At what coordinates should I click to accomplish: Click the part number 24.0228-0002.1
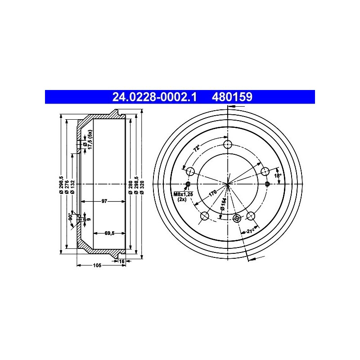click(x=154, y=97)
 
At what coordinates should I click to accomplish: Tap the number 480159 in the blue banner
click(x=232, y=97)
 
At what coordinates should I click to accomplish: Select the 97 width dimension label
click(x=104, y=201)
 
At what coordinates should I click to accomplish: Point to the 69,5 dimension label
click(x=109, y=233)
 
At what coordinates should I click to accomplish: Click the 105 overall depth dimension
click(x=97, y=265)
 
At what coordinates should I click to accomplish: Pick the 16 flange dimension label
click(x=121, y=261)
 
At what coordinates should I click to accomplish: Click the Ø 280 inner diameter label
click(x=130, y=188)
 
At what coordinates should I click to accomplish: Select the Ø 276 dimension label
click(x=67, y=187)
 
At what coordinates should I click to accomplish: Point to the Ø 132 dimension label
click(x=73, y=187)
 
